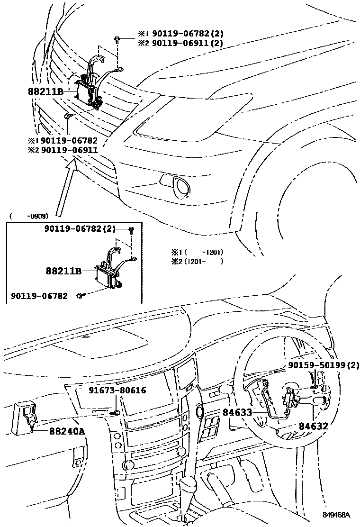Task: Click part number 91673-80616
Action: coord(117,391)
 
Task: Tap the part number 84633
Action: coord(237,412)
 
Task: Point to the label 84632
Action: coord(313,427)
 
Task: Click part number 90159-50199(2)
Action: coord(324,365)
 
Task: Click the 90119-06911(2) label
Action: coord(180,43)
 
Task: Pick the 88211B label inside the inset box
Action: coord(63,271)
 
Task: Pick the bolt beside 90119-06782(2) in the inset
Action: coord(131,230)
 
